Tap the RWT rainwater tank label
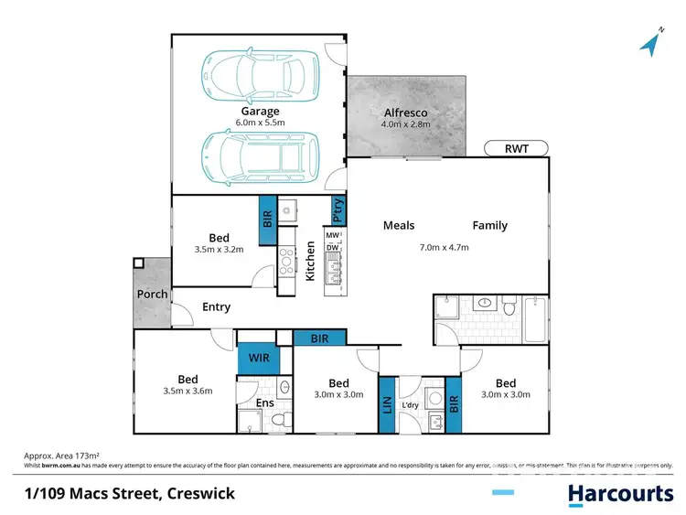514,147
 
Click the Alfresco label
405,113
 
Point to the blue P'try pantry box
338,211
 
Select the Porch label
152,295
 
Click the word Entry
216,307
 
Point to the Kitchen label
310,262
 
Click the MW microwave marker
332,235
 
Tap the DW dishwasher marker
332,247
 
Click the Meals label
399,225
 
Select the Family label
489,225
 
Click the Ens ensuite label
263,403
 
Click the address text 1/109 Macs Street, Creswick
129,494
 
